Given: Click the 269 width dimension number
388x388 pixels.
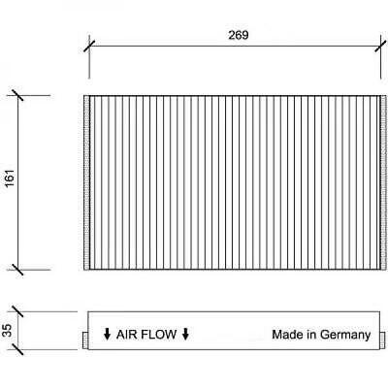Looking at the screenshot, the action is (x=239, y=35).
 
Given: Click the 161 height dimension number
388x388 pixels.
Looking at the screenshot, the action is (x=10, y=178).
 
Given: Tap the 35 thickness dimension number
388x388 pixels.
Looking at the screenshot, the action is (x=7, y=331).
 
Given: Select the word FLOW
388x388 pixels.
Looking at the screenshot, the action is (x=159, y=335).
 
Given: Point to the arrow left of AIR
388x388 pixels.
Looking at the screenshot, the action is (x=107, y=334).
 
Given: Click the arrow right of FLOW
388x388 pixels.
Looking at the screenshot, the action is (x=185, y=334).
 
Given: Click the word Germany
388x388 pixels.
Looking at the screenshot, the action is (x=345, y=336).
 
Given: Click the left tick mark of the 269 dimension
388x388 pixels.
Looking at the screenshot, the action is (x=89, y=46).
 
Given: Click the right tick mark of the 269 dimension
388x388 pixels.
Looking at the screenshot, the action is (x=381, y=46).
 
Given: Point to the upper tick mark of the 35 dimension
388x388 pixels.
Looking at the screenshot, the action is (x=17, y=311).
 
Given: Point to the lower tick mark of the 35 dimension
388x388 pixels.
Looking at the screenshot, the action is (x=17, y=349).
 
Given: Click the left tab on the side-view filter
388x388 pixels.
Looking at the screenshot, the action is (x=85, y=340).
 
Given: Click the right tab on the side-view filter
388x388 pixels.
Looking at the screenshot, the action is (x=382, y=340).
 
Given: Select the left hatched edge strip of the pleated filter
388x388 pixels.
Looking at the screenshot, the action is (x=86, y=182).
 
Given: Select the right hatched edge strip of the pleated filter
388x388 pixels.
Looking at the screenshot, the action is (x=383, y=182).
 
